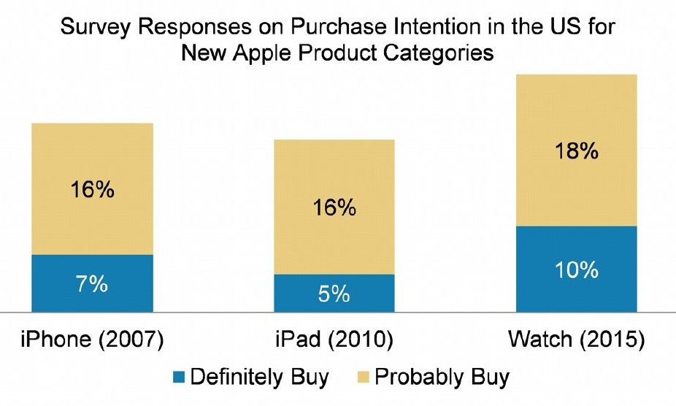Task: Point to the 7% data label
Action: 92,284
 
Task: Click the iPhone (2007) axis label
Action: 92,340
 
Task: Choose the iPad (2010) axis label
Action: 334,340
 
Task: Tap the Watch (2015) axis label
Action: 576,340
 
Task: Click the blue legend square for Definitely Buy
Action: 177,378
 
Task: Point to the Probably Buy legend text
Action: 442,378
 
